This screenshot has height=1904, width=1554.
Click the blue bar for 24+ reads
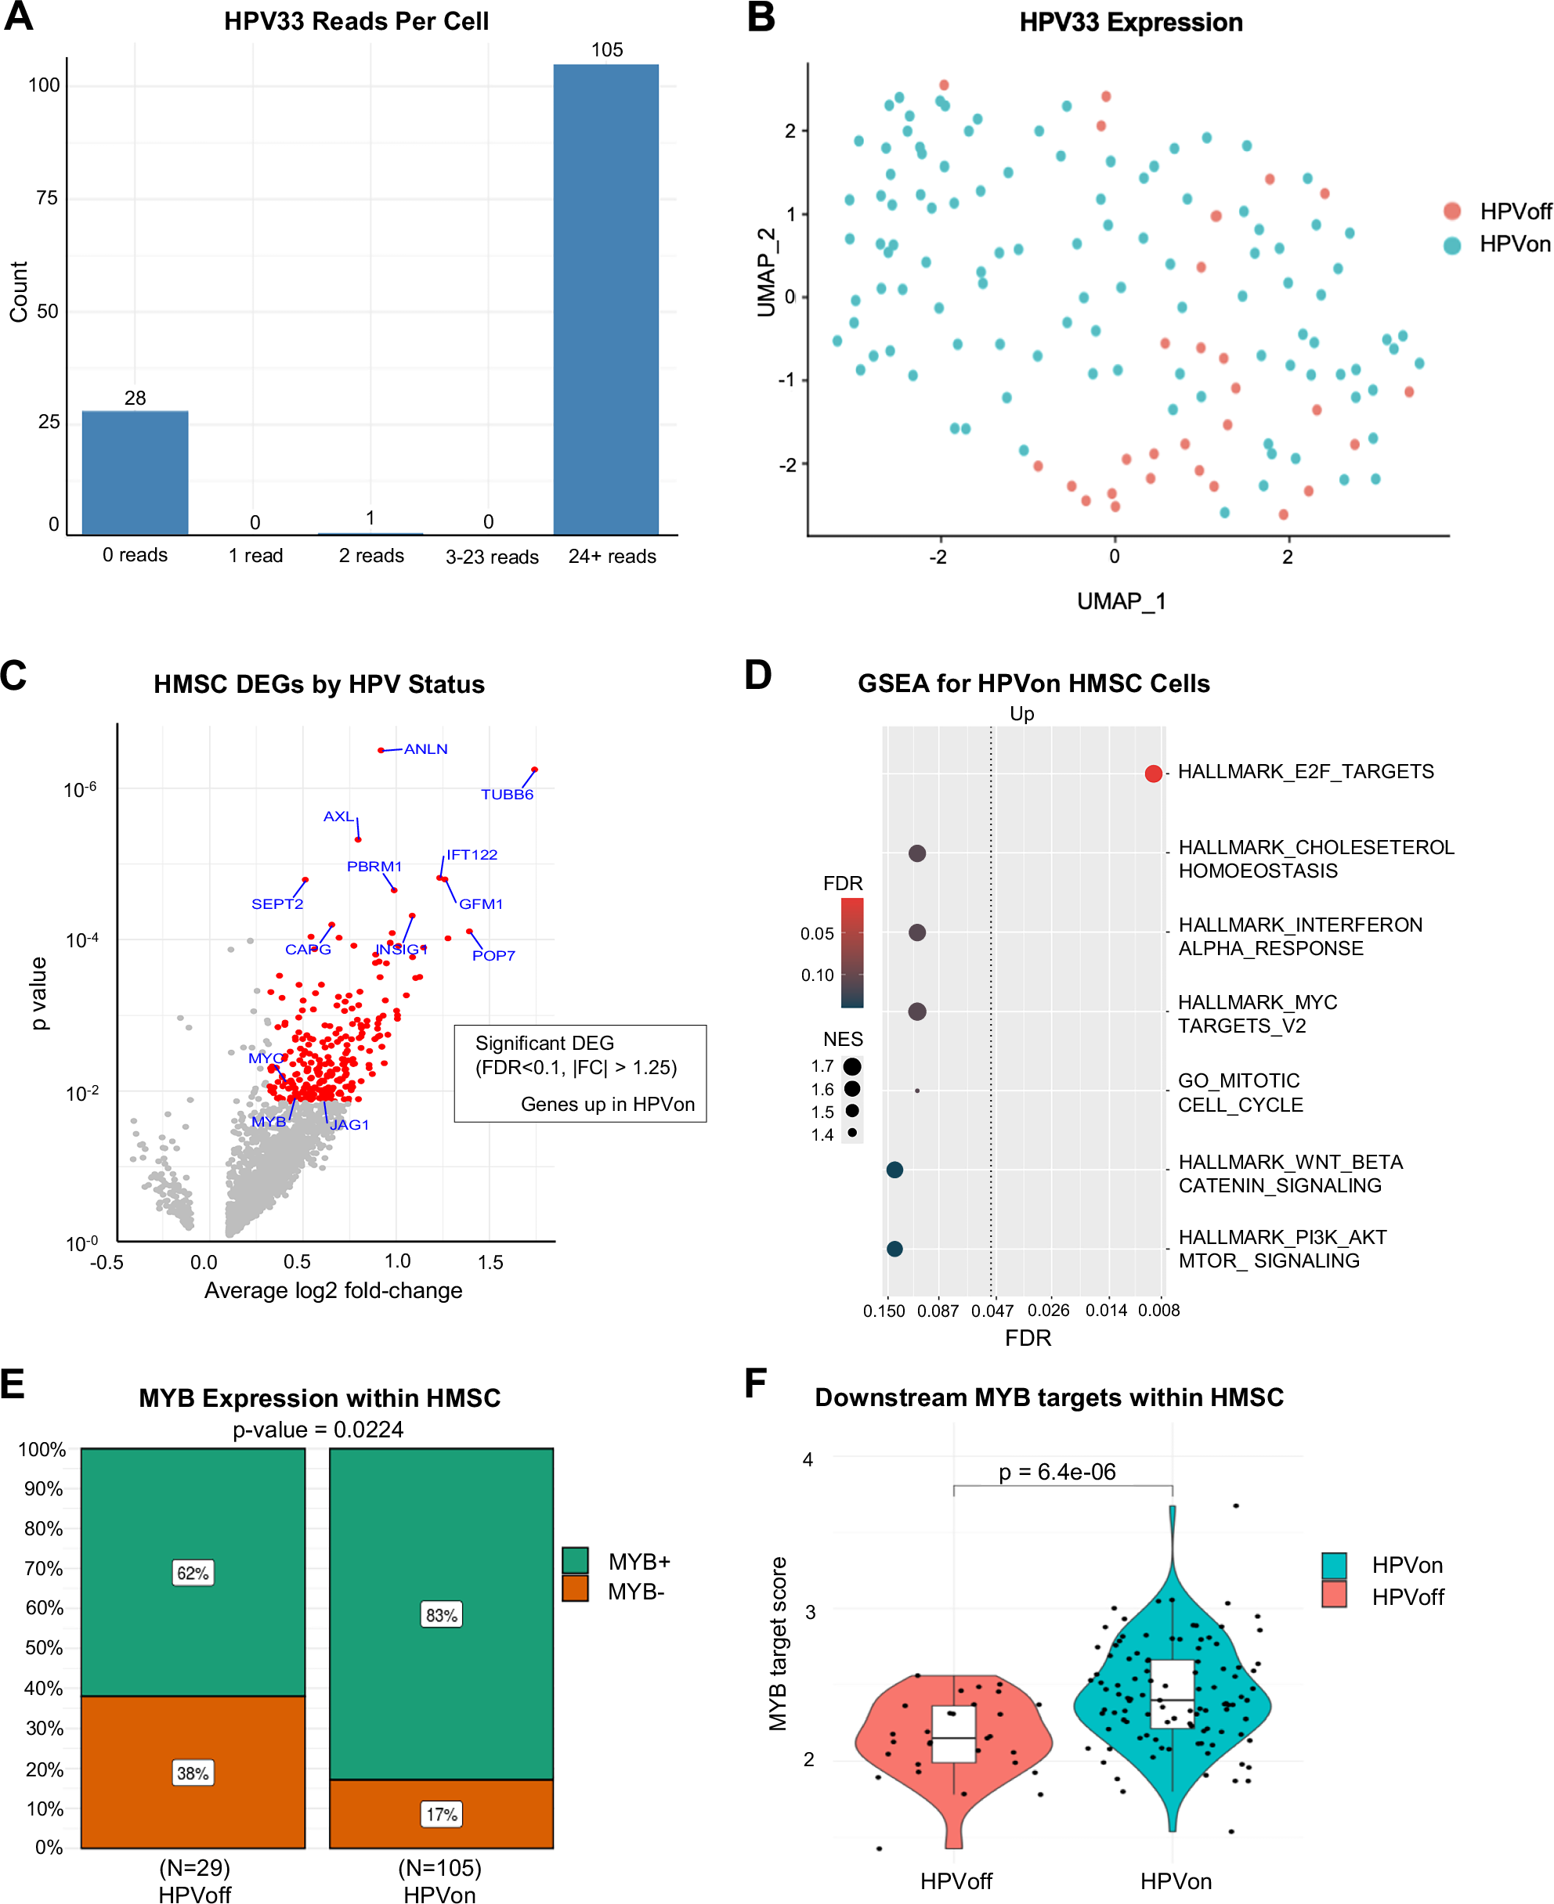pyautogui.click(x=606, y=300)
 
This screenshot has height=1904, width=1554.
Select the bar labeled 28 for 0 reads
pyautogui.click(x=136, y=472)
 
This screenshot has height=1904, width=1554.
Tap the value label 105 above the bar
pyautogui.click(x=607, y=50)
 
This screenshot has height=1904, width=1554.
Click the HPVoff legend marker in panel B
pyautogui.click(x=1452, y=211)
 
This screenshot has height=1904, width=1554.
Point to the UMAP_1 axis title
pyautogui.click(x=1121, y=601)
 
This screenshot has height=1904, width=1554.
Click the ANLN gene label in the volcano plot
pyautogui.click(x=425, y=749)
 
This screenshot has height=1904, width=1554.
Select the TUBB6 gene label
pyautogui.click(x=507, y=795)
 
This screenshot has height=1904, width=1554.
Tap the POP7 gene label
pyautogui.click(x=493, y=956)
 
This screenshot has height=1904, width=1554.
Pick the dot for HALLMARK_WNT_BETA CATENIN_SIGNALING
pyautogui.click(x=894, y=1170)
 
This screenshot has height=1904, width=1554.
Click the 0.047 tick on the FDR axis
pyautogui.click(x=992, y=1311)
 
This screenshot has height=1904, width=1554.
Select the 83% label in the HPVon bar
pyautogui.click(x=441, y=1615)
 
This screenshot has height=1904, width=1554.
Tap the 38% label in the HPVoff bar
pyautogui.click(x=193, y=1772)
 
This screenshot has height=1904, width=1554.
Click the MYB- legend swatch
pyautogui.click(x=575, y=1588)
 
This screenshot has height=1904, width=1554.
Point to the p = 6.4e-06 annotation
pyautogui.click(x=1057, y=1472)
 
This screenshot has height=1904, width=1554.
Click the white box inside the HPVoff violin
pyautogui.click(x=953, y=1734)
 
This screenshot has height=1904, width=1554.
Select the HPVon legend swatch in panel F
pyautogui.click(x=1334, y=1565)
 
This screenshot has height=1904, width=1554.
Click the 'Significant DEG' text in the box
pyautogui.click(x=544, y=1044)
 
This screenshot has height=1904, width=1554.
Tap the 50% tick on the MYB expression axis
pyautogui.click(x=44, y=1647)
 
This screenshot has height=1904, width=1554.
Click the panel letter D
pyautogui.click(x=758, y=675)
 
